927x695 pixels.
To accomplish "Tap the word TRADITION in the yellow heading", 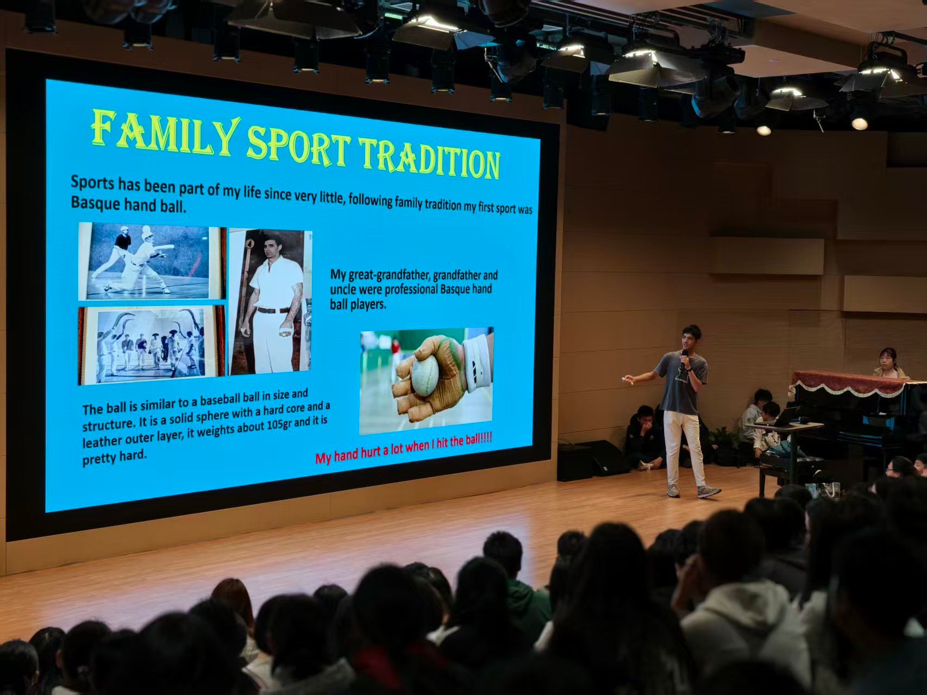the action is pyautogui.click(x=430, y=158).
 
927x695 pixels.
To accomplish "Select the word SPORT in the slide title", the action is pyautogui.click(x=298, y=145).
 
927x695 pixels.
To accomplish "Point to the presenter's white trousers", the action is pyautogui.click(x=682, y=448).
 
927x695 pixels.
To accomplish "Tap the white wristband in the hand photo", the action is pyautogui.click(x=478, y=362).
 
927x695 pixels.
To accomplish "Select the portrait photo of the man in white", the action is pyautogui.click(x=270, y=302).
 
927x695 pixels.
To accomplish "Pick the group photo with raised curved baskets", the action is pyautogui.click(x=152, y=345).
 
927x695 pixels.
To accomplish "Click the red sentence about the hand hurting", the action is pyautogui.click(x=403, y=448).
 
